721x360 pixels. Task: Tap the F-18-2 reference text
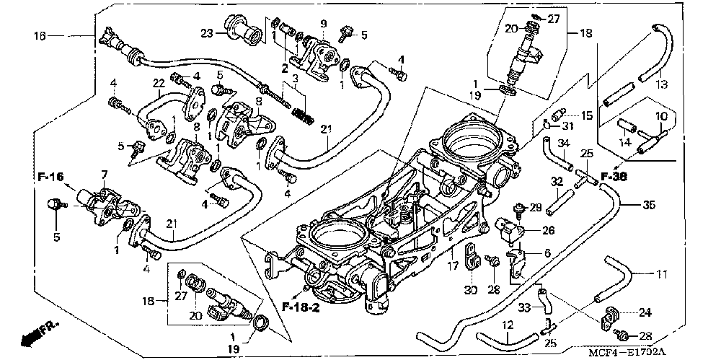(x=301, y=307)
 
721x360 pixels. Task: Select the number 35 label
(x=648, y=205)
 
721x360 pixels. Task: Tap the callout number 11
(x=661, y=275)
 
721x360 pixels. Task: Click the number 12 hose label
(x=507, y=326)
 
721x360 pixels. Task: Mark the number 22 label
(x=159, y=83)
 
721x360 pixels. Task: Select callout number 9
(x=323, y=23)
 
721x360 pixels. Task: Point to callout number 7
(x=105, y=175)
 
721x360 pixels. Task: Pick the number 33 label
(x=525, y=307)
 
